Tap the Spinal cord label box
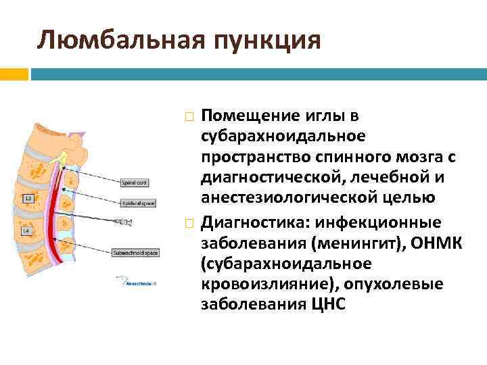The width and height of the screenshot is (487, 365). [x=134, y=182]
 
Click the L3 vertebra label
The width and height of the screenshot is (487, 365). [x=28, y=199]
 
